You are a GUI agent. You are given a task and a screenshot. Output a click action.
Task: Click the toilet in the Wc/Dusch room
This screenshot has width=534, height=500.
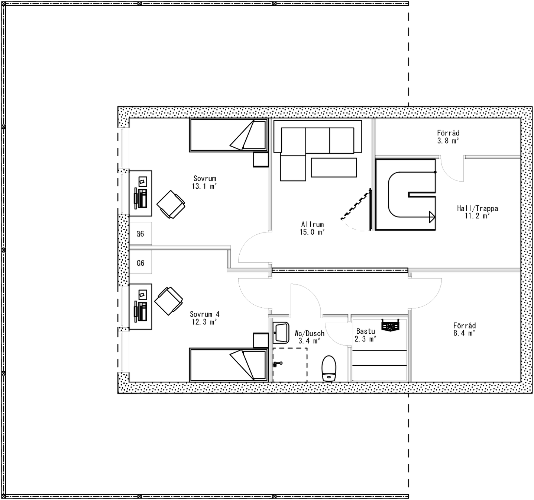(329, 368)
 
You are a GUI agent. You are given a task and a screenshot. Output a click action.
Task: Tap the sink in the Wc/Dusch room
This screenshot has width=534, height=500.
(281, 333)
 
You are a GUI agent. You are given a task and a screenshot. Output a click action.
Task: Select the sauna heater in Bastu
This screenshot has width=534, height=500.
(390, 325)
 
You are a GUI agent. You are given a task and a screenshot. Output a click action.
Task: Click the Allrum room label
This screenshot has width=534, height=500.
(312, 225)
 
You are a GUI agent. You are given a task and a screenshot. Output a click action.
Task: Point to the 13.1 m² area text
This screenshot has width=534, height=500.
(204, 186)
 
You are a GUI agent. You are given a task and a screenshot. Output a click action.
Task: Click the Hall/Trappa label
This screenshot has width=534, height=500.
(477, 209)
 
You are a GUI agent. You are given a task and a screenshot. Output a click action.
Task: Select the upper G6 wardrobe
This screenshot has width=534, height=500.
(140, 234)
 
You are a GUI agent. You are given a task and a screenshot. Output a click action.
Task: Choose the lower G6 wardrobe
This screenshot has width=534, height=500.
(140, 263)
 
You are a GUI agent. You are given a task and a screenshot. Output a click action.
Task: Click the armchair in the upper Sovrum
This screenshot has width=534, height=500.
(171, 204)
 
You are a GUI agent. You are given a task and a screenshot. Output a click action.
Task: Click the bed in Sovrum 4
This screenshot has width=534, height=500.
(228, 365)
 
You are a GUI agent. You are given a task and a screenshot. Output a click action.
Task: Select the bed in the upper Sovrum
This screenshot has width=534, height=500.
(228, 135)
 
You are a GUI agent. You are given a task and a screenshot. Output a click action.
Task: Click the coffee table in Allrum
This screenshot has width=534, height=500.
(334, 167)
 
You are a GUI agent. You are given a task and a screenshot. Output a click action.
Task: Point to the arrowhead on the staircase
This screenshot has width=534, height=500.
(432, 217)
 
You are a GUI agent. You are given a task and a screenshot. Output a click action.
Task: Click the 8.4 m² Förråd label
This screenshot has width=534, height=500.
(464, 329)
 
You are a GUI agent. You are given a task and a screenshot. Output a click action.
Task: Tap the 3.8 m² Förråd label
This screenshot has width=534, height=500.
(448, 137)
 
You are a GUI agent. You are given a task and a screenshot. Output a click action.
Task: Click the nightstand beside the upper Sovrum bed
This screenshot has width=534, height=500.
(261, 159)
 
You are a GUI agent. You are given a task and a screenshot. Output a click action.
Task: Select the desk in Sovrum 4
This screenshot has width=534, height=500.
(140, 307)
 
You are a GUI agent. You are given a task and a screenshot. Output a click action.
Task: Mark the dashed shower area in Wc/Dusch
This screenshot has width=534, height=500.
(290, 365)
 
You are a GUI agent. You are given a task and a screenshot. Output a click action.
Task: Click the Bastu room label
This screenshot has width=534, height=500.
(365, 331)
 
